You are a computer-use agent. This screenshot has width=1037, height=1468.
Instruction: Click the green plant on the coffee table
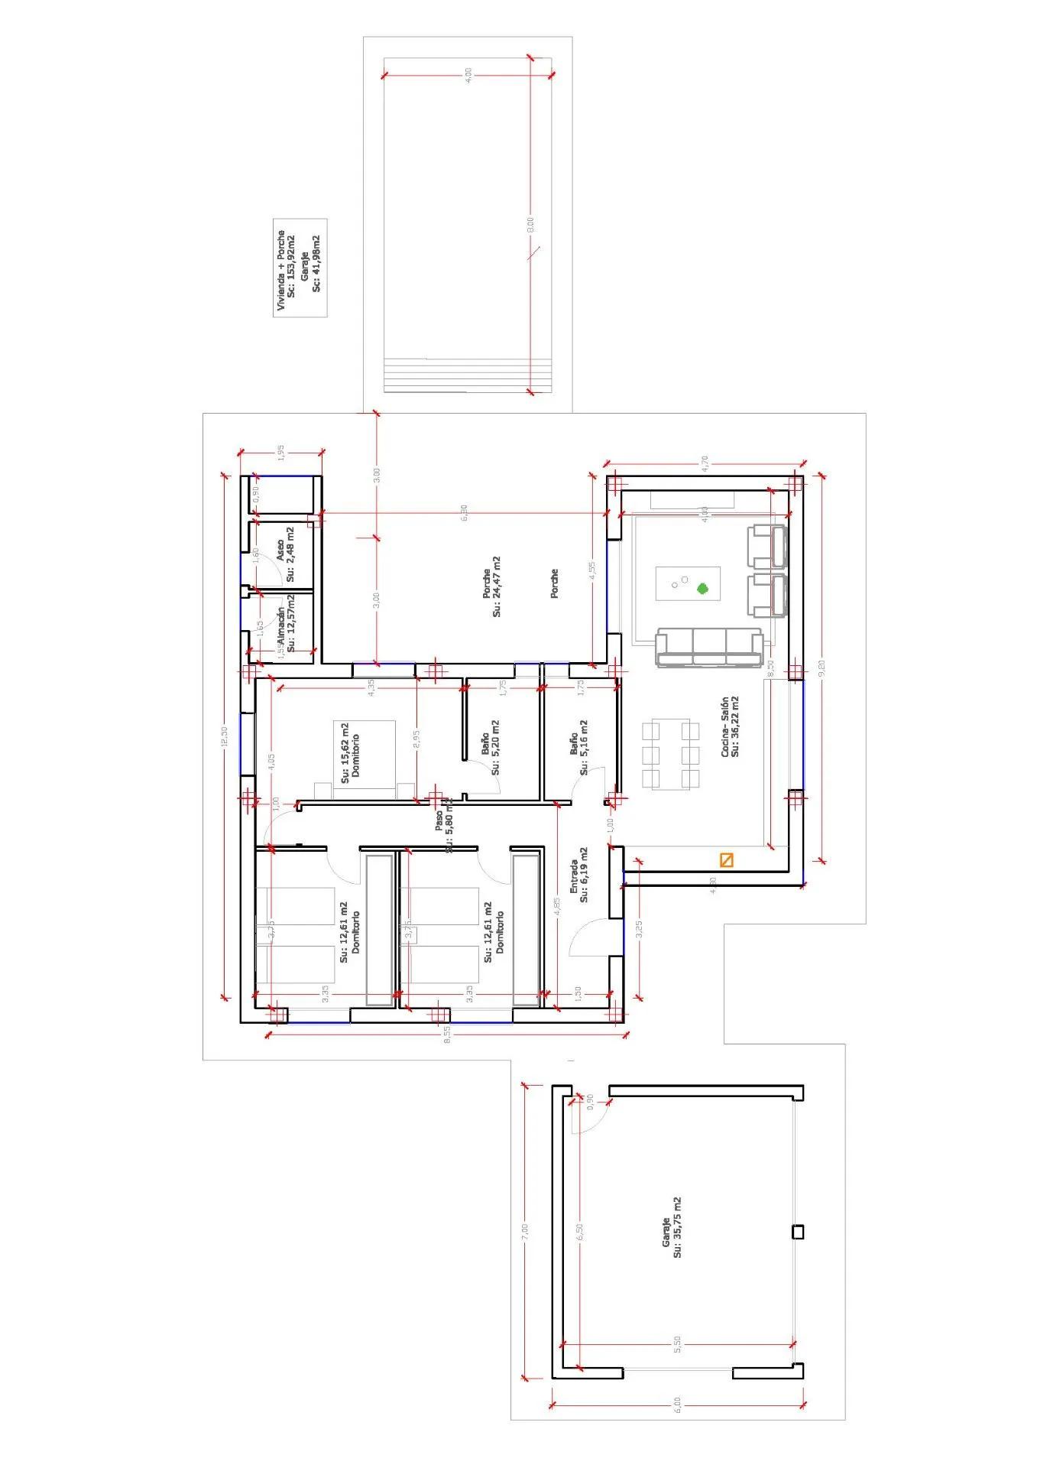(x=702, y=589)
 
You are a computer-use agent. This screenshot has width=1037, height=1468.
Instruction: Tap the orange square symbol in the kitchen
(x=727, y=860)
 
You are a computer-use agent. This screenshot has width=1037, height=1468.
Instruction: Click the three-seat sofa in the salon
(x=709, y=648)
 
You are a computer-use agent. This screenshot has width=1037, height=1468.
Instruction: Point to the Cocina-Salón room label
(x=729, y=726)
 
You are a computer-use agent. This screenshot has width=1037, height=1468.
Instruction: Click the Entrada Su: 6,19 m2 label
(x=579, y=875)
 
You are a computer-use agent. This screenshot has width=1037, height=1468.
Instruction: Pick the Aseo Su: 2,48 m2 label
(x=285, y=554)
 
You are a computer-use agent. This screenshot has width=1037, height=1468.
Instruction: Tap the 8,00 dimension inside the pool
(x=531, y=226)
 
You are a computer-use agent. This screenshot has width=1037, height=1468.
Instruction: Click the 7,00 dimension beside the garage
(x=524, y=1232)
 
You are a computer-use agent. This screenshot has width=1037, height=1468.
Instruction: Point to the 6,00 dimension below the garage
(x=677, y=1403)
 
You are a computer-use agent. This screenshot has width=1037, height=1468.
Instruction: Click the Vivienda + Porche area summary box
(x=300, y=272)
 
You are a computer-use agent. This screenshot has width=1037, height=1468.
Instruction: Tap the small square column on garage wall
(x=799, y=1232)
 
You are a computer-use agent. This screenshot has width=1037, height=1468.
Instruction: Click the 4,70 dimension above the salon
(x=705, y=462)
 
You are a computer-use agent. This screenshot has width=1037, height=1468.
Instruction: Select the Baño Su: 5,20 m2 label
(x=490, y=747)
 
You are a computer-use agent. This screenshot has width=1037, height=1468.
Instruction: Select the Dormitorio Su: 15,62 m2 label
(x=350, y=753)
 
